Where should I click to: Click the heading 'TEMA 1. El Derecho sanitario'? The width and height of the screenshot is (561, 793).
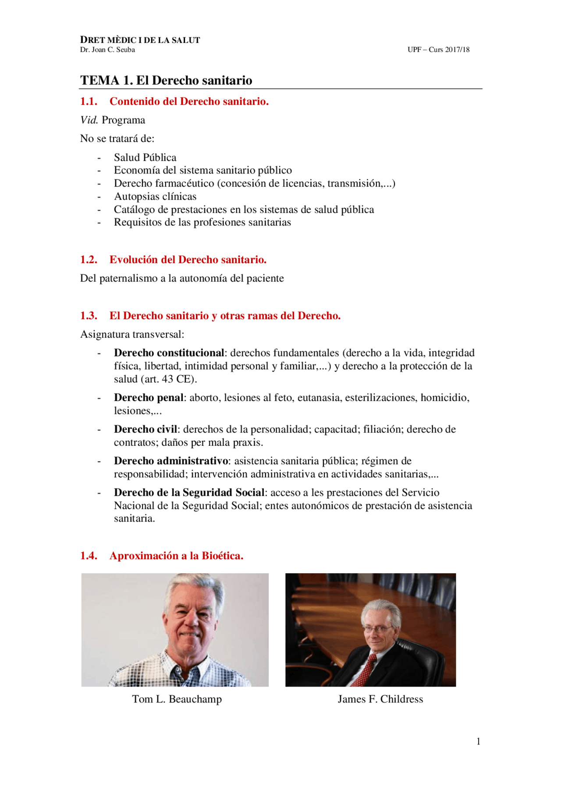(x=166, y=81)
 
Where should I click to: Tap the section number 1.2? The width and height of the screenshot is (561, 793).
(x=89, y=260)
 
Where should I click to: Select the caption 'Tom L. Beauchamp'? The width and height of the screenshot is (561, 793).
(x=177, y=699)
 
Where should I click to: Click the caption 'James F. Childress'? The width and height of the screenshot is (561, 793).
(x=380, y=699)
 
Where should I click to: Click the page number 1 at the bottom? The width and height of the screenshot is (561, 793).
(x=478, y=741)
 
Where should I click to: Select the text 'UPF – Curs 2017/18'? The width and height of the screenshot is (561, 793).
(x=438, y=50)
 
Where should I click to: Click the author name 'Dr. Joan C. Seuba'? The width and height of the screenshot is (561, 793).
(x=107, y=50)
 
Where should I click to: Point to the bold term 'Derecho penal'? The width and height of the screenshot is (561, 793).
(x=149, y=398)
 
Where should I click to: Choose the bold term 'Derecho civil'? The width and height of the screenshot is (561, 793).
(x=146, y=429)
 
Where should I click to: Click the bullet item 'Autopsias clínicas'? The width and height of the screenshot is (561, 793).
(x=155, y=196)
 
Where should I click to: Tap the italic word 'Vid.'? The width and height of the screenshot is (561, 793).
(x=89, y=120)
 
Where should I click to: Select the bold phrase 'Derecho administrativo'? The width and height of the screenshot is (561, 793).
(x=171, y=461)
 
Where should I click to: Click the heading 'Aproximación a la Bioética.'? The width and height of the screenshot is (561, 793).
(x=176, y=556)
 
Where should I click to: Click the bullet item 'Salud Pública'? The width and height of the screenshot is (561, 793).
(x=145, y=157)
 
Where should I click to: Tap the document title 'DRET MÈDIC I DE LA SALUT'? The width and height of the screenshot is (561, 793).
(x=140, y=40)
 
